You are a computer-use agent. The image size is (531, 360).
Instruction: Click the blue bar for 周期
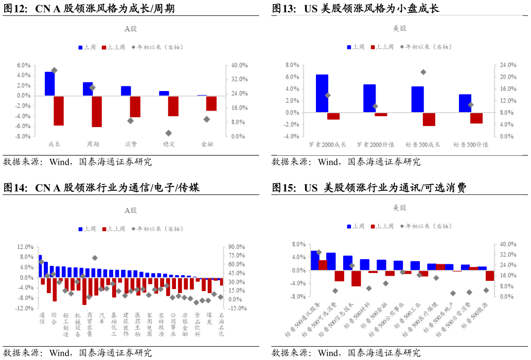click(x=87, y=89)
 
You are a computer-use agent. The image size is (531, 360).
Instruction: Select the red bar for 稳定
click(x=173, y=106)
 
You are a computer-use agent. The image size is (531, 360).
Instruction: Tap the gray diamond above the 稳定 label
click(x=169, y=133)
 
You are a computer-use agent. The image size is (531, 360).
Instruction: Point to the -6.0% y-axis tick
click(x=23, y=127)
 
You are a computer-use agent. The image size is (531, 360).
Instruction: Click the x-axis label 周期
click(x=93, y=145)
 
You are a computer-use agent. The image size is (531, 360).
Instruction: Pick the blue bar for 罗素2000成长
click(x=322, y=94)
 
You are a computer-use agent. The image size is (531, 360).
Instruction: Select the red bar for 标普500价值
click(x=476, y=118)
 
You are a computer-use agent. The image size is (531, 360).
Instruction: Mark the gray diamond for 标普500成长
click(x=423, y=72)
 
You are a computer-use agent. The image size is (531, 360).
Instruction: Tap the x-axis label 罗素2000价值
click(x=376, y=145)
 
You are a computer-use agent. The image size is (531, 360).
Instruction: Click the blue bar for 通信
click(x=40, y=266)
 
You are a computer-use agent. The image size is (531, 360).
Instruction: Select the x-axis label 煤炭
click(x=209, y=319)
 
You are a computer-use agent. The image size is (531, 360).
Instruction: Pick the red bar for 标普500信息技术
click(x=356, y=278)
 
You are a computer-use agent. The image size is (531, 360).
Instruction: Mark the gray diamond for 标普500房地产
click(x=453, y=293)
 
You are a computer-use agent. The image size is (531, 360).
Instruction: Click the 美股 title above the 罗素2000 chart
click(x=400, y=28)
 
